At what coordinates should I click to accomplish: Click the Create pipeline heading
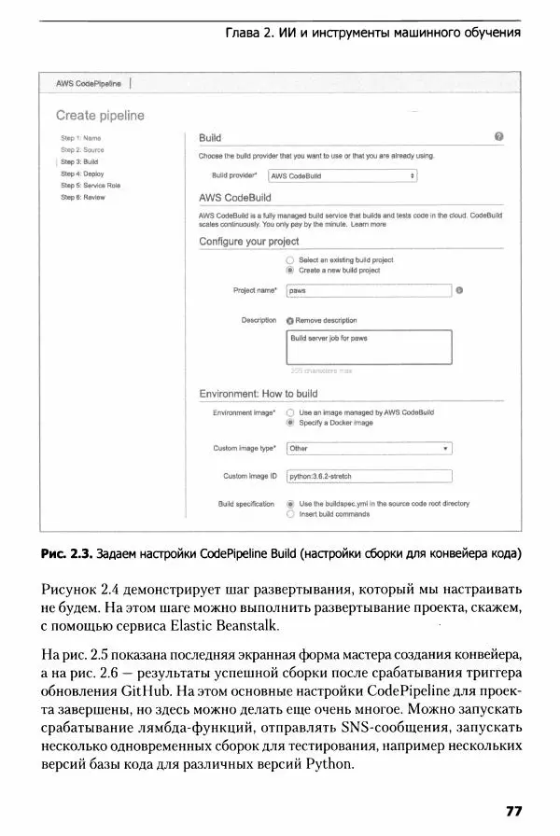pyautogui.click(x=100, y=116)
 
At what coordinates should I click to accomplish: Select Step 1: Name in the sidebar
pyautogui.click(x=80, y=138)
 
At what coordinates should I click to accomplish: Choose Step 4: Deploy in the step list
pyautogui.click(x=82, y=174)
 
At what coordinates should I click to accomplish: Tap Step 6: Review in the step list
pyautogui.click(x=83, y=197)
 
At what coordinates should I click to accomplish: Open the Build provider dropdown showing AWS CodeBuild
pyautogui.click(x=343, y=174)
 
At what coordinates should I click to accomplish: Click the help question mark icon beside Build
pyautogui.click(x=499, y=136)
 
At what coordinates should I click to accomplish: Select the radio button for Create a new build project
pyautogui.click(x=290, y=271)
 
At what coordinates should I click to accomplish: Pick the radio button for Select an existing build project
pyautogui.click(x=290, y=259)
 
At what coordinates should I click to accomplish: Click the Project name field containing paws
pyautogui.click(x=368, y=291)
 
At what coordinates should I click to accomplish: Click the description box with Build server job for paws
pyautogui.click(x=368, y=346)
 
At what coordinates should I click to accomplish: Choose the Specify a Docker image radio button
pyautogui.click(x=290, y=422)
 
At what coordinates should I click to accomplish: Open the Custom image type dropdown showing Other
pyautogui.click(x=368, y=448)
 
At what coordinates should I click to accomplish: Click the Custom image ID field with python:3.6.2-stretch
pyautogui.click(x=368, y=476)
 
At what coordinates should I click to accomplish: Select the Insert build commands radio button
pyautogui.click(x=290, y=513)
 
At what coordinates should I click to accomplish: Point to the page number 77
pyautogui.click(x=513, y=808)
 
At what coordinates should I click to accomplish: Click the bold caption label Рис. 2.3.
pyautogui.click(x=63, y=554)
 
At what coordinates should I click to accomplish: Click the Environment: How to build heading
pyautogui.click(x=259, y=394)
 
